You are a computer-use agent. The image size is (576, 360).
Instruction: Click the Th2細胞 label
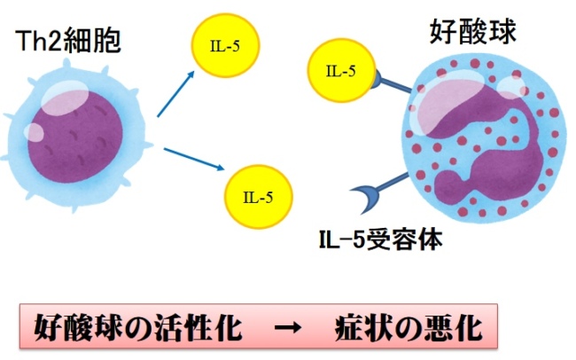pyautogui.click(x=68, y=41)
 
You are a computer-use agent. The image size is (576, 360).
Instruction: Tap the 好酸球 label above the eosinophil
pyautogui.click(x=473, y=32)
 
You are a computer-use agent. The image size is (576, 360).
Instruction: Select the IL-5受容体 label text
pyautogui.click(x=381, y=239)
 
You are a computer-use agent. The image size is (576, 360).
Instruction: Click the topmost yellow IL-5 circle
pyautogui.click(x=225, y=45)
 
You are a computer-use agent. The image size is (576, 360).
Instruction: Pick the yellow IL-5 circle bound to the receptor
pyautogui.click(x=341, y=70)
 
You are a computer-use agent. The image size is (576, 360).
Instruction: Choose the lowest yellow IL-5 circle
pyautogui.click(x=259, y=197)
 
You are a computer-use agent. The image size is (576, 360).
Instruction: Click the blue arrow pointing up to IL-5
pyautogui.click(x=175, y=94)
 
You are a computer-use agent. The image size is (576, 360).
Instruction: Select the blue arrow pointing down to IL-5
pyautogui.click(x=193, y=159)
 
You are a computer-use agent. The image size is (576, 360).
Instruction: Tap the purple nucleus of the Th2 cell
pyautogui.click(x=75, y=137)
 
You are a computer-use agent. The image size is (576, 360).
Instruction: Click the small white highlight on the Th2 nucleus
pyautogui.click(x=35, y=132)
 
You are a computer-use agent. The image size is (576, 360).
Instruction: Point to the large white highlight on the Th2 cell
pyautogui.click(x=65, y=98)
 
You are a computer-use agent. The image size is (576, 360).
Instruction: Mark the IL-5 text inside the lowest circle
pyautogui.click(x=258, y=198)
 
